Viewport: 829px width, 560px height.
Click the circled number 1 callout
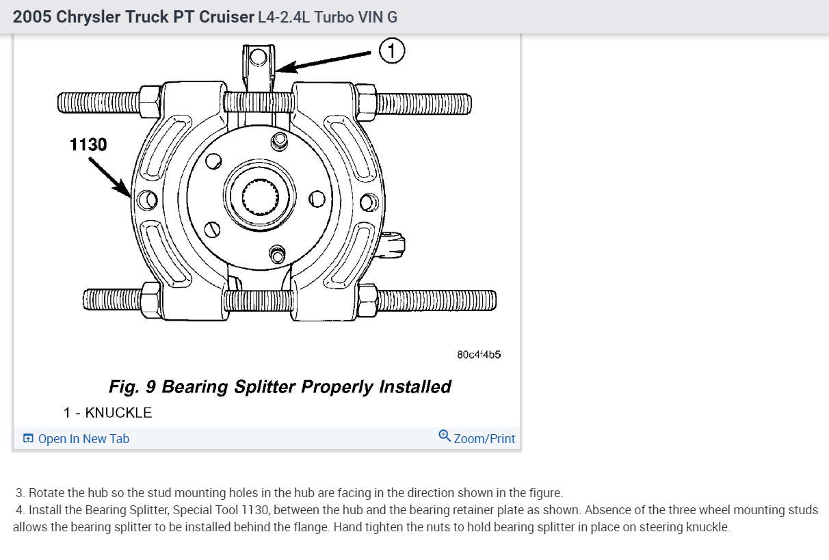click(392, 51)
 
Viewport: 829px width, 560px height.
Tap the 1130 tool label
click(88, 144)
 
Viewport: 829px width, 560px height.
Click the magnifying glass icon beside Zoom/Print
click(445, 436)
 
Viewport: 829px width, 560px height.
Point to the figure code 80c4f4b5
click(479, 355)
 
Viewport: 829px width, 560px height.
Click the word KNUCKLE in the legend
click(118, 413)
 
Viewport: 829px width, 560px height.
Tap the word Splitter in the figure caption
click(265, 387)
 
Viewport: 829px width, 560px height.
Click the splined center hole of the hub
click(260, 197)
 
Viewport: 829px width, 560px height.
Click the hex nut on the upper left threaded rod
click(150, 102)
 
